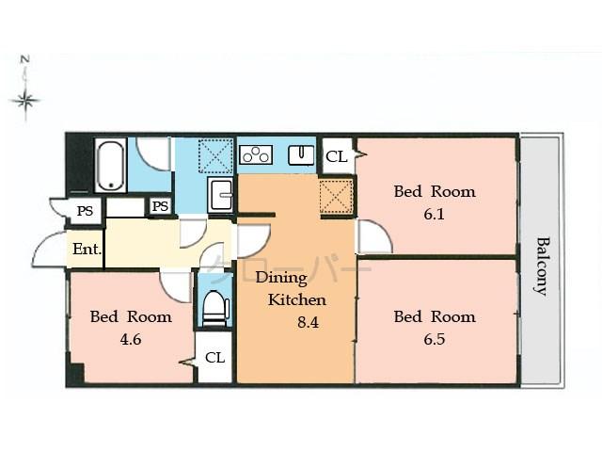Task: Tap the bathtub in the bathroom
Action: pos(110,166)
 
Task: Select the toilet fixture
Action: pos(215,307)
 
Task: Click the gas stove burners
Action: pos(256,154)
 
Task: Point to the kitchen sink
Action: pos(301,153)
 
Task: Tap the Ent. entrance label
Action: pos(86,250)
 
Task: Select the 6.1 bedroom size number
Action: pos(434,214)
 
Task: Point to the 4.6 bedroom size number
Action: pos(130,339)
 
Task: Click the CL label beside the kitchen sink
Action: pos(336,157)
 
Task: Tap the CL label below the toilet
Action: pos(214,358)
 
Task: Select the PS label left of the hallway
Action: pos(85,211)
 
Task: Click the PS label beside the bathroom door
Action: pos(160,206)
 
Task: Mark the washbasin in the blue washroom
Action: pos(221,195)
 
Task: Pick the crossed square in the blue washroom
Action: pos(215,153)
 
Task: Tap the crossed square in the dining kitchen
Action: pos(335,196)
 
